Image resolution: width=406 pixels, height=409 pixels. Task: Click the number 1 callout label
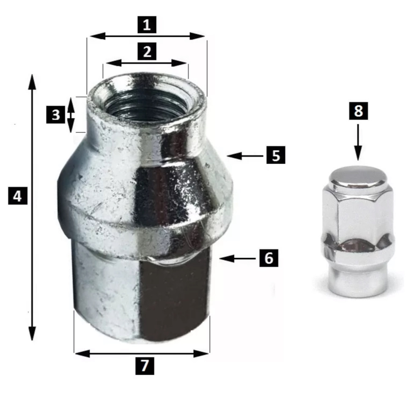[147, 25]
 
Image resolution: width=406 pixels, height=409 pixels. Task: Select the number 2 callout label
[147, 51]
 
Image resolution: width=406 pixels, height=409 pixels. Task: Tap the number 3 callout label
[56, 115]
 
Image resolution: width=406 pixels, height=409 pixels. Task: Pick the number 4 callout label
[17, 196]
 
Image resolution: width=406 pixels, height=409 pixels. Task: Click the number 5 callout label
[276, 155]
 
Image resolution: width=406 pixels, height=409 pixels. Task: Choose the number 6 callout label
[269, 258]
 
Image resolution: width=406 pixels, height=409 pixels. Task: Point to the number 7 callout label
[145, 366]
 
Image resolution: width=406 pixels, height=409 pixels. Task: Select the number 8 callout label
[359, 111]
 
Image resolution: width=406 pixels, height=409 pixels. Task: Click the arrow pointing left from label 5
[245, 156]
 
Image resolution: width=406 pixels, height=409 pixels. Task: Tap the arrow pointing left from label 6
[238, 258]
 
